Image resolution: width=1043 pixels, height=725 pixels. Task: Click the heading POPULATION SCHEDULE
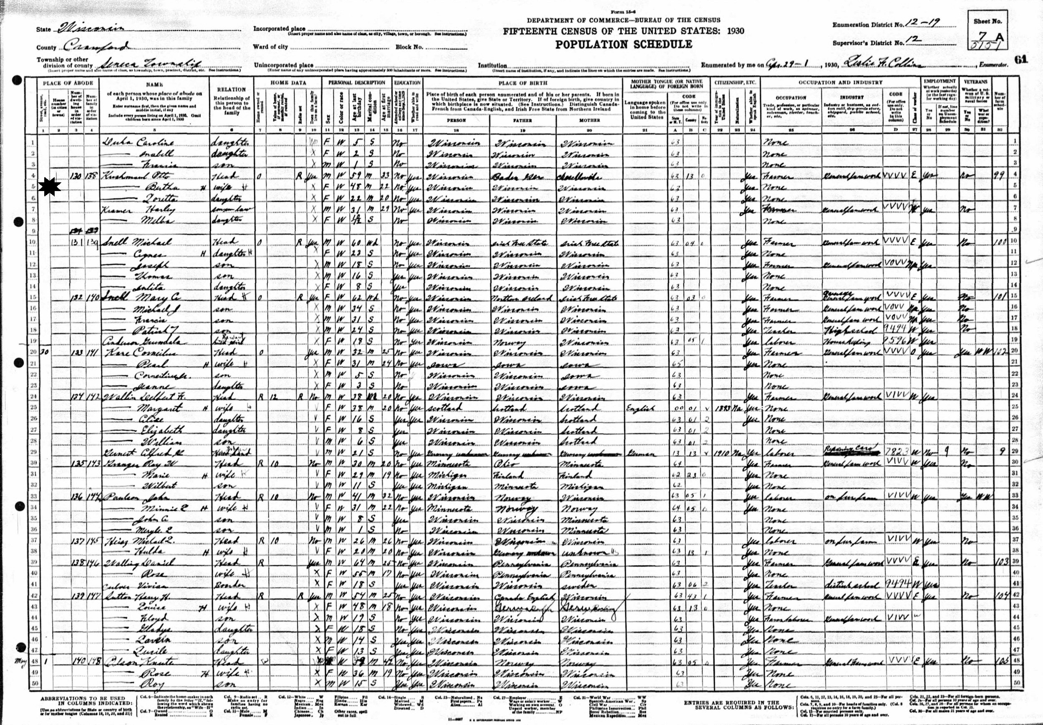pyautogui.click(x=623, y=45)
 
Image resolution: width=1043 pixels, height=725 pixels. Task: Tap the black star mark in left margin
pyautogui.click(x=50, y=188)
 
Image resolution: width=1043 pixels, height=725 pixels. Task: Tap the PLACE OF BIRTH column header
pyautogui.click(x=522, y=83)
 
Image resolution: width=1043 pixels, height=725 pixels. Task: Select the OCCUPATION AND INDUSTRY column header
pyautogui.click(x=840, y=83)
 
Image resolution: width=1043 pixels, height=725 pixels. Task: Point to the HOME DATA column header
pyautogui.click(x=288, y=83)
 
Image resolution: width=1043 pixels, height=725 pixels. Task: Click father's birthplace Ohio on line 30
pyautogui.click(x=502, y=464)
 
